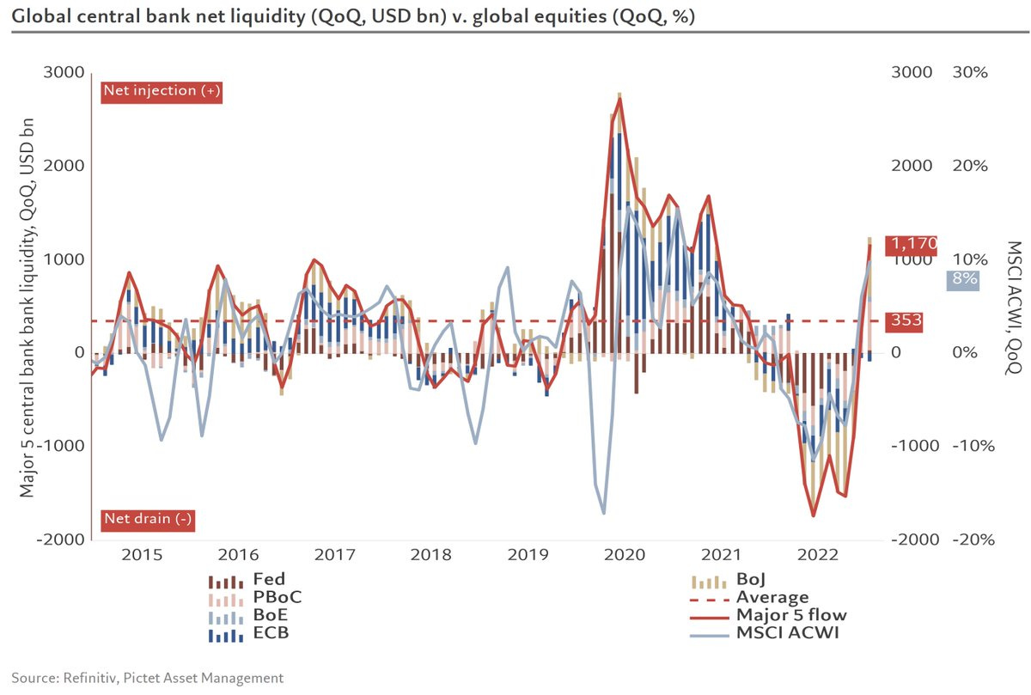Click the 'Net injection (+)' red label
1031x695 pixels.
(162, 91)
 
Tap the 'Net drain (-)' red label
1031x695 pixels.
(148, 519)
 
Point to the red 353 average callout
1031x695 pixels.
(907, 321)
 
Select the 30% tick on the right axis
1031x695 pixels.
(970, 72)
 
